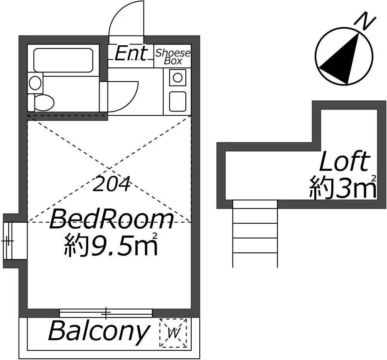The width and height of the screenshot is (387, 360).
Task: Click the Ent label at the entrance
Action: coord(131,53)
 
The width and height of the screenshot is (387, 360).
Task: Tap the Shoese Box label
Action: coord(173,57)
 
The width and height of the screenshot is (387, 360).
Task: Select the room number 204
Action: coord(111,184)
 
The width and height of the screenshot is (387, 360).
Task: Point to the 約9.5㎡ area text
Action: coord(111,243)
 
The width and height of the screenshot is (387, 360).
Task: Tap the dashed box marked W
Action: coord(173,333)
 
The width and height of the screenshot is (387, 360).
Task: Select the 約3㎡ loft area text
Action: coord(343,187)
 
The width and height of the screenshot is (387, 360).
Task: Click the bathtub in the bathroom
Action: coord(63,60)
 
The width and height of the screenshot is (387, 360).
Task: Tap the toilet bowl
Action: coord(41,102)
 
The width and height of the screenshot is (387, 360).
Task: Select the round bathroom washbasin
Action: coord(35,83)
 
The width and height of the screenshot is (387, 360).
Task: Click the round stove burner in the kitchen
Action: coord(178,77)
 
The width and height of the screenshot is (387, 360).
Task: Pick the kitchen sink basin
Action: coord(178,101)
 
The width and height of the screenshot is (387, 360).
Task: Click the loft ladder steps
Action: coord(255,233)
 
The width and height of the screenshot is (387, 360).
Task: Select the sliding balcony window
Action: coord(106,313)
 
